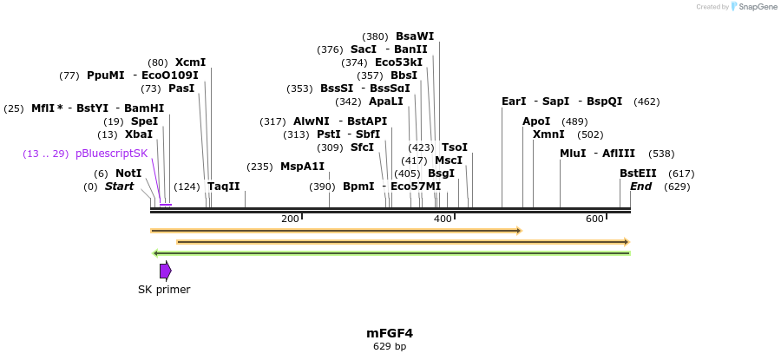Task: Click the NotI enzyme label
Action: pyautogui.click(x=128, y=173)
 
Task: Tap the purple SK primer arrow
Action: pyautogui.click(x=165, y=271)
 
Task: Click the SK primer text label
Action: pyautogui.click(x=164, y=290)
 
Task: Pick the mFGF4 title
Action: pyautogui.click(x=389, y=333)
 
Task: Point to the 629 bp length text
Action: pyautogui.click(x=389, y=346)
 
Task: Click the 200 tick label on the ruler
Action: pyautogui.click(x=290, y=219)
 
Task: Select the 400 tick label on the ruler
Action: pyautogui.click(x=443, y=219)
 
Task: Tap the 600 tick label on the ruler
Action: pyautogui.click(x=594, y=219)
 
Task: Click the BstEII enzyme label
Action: pyautogui.click(x=638, y=173)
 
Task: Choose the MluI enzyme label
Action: pyautogui.click(x=573, y=154)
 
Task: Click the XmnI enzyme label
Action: pyautogui.click(x=548, y=134)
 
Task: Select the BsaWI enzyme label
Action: pyautogui.click(x=414, y=36)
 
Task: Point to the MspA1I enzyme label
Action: pyautogui.click(x=302, y=167)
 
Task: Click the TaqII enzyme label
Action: pyautogui.click(x=223, y=187)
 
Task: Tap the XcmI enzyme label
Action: pyautogui.click(x=190, y=62)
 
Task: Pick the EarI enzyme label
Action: pyautogui.click(x=514, y=101)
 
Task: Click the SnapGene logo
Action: pyautogui.click(x=751, y=7)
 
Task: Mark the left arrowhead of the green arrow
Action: pyautogui.click(x=155, y=253)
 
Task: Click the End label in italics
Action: pyautogui.click(x=640, y=187)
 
